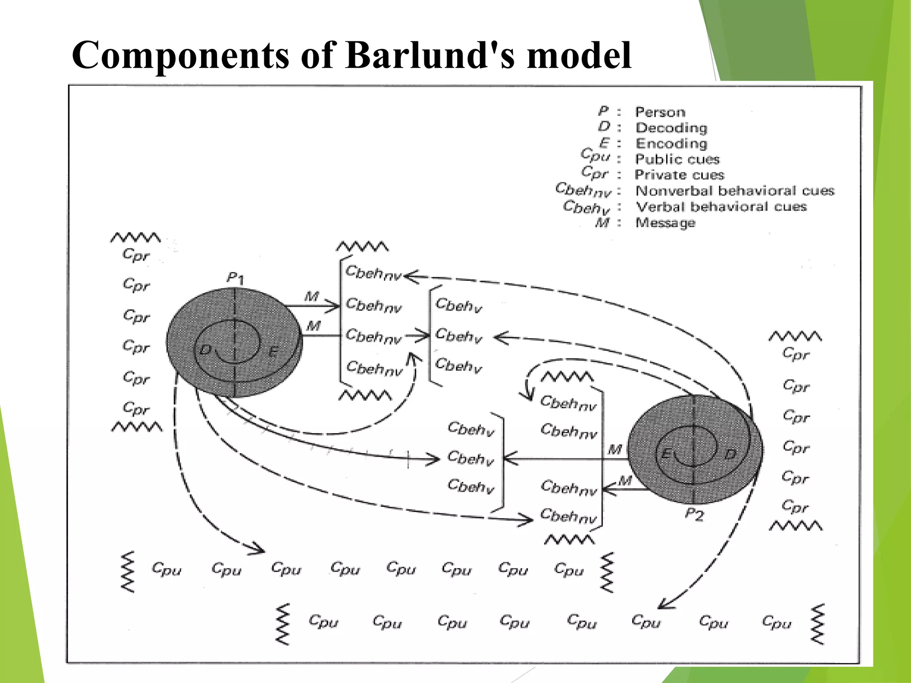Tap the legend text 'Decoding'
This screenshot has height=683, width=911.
point(671,128)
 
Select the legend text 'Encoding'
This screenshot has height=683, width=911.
point(671,144)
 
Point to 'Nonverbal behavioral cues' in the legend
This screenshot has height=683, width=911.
point(734,191)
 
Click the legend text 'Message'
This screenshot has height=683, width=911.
point(665,222)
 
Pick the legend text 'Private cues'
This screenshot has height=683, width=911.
point(679,175)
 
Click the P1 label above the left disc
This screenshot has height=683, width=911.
point(235,278)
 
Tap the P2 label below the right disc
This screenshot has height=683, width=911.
point(694,514)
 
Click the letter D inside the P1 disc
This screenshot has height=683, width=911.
point(205,350)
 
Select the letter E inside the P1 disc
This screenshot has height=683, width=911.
point(273,352)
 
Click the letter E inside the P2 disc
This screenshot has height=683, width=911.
point(666,454)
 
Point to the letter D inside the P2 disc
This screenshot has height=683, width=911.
point(730,454)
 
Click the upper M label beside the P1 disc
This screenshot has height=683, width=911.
point(311,296)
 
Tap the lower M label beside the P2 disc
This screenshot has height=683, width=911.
point(625,481)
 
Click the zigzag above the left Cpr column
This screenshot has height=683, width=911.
point(136,237)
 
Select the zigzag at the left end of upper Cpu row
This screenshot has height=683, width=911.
point(128,572)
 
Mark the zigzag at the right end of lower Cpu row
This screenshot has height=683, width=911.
point(818,624)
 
